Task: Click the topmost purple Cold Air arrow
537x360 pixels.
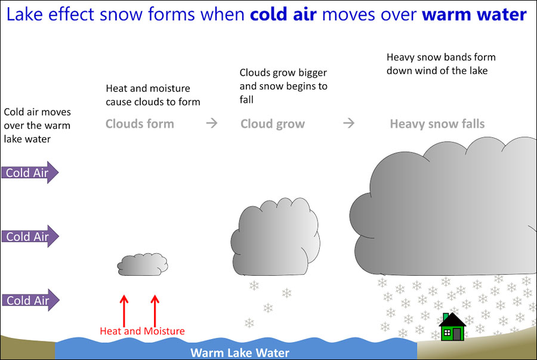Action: [30, 173]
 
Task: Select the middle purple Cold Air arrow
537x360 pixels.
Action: [30, 236]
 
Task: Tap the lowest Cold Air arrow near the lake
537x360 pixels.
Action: [30, 300]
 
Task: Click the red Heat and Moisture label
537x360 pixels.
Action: [142, 331]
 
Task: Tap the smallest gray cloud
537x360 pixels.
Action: [143, 264]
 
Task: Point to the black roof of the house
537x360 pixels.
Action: [452, 320]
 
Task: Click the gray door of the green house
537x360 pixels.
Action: [456, 334]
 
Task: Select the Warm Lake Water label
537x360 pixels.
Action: [239, 352]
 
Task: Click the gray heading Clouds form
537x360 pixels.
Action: [140, 124]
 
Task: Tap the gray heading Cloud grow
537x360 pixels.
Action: [273, 124]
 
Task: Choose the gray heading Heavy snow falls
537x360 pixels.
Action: [437, 124]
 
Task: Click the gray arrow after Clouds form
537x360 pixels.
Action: [212, 124]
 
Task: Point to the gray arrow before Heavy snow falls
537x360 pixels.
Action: [349, 124]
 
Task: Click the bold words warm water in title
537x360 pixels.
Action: [474, 14]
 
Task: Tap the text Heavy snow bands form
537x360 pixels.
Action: [441, 57]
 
